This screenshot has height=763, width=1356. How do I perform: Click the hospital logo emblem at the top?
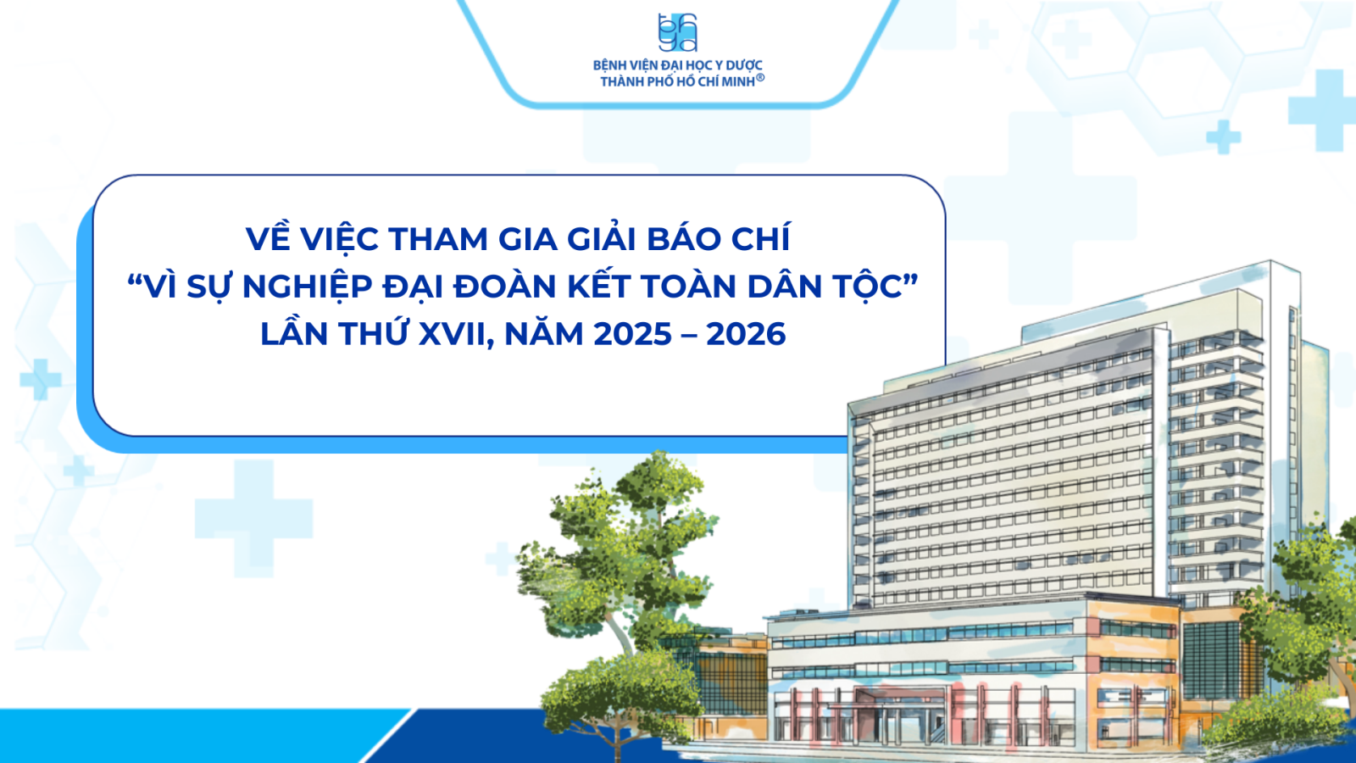[x=678, y=33]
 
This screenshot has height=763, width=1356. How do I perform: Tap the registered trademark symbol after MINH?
[x=760, y=77]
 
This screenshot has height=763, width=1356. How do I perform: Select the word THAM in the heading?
[x=438, y=238]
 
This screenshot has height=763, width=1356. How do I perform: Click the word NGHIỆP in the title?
[x=308, y=286]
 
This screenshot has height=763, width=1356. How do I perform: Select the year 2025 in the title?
[x=633, y=334]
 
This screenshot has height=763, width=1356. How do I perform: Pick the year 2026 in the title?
[x=746, y=334]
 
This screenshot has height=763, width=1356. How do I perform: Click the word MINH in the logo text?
[x=738, y=81]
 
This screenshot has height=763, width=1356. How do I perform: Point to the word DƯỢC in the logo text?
[x=745, y=65]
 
